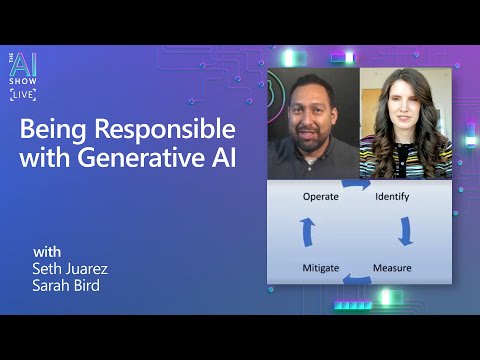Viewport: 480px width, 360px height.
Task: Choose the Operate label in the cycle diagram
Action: click(x=320, y=197)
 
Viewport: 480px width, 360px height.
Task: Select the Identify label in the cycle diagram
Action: click(x=392, y=197)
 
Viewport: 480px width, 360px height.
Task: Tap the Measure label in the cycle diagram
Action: click(x=392, y=268)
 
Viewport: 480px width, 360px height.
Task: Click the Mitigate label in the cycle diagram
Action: click(x=321, y=268)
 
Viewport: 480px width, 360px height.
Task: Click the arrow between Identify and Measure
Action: click(x=405, y=232)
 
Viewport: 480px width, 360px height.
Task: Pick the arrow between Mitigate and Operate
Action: click(x=308, y=232)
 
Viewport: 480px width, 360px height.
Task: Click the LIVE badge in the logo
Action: click(x=23, y=94)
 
